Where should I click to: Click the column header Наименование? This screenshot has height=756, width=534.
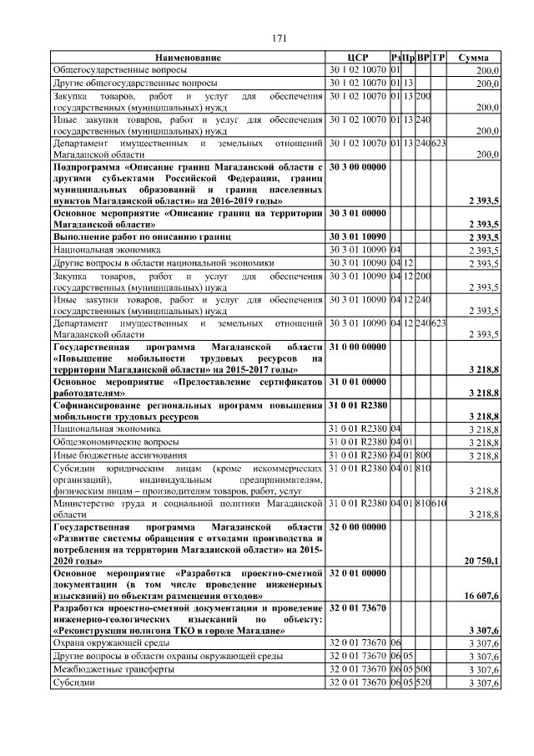[188, 58]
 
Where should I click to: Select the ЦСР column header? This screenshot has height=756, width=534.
[357, 58]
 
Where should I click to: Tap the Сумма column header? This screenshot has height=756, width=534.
[473, 58]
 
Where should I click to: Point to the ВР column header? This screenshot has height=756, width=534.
[423, 58]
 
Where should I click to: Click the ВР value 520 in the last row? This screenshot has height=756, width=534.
[423, 683]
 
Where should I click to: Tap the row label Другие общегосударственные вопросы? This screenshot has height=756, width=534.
[134, 84]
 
